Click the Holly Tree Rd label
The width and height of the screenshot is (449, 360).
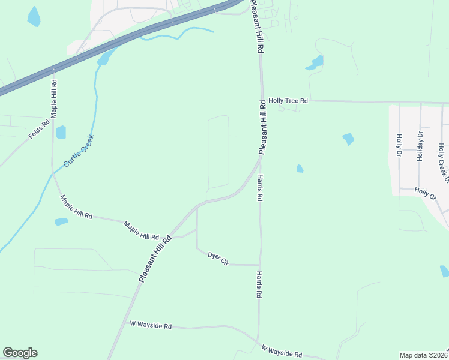click(x=288, y=101)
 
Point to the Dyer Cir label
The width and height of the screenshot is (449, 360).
click(x=218, y=259)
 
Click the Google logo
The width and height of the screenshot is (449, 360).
click(x=20, y=353)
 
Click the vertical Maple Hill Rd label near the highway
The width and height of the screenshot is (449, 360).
click(x=53, y=98)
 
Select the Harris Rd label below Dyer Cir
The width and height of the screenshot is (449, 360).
click(x=259, y=284)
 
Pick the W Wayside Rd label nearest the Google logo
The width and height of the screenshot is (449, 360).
click(x=151, y=326)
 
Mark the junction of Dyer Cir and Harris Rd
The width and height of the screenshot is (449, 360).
click(x=260, y=265)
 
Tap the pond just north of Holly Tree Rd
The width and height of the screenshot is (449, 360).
click(x=315, y=62)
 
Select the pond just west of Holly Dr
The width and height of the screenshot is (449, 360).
click(x=348, y=139)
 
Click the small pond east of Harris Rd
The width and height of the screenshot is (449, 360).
click(x=300, y=169)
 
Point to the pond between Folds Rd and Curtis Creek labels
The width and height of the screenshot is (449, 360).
click(x=61, y=132)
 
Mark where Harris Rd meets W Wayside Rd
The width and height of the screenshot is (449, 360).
click(x=259, y=342)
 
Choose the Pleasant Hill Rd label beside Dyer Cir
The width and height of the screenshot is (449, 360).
click(x=155, y=259)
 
